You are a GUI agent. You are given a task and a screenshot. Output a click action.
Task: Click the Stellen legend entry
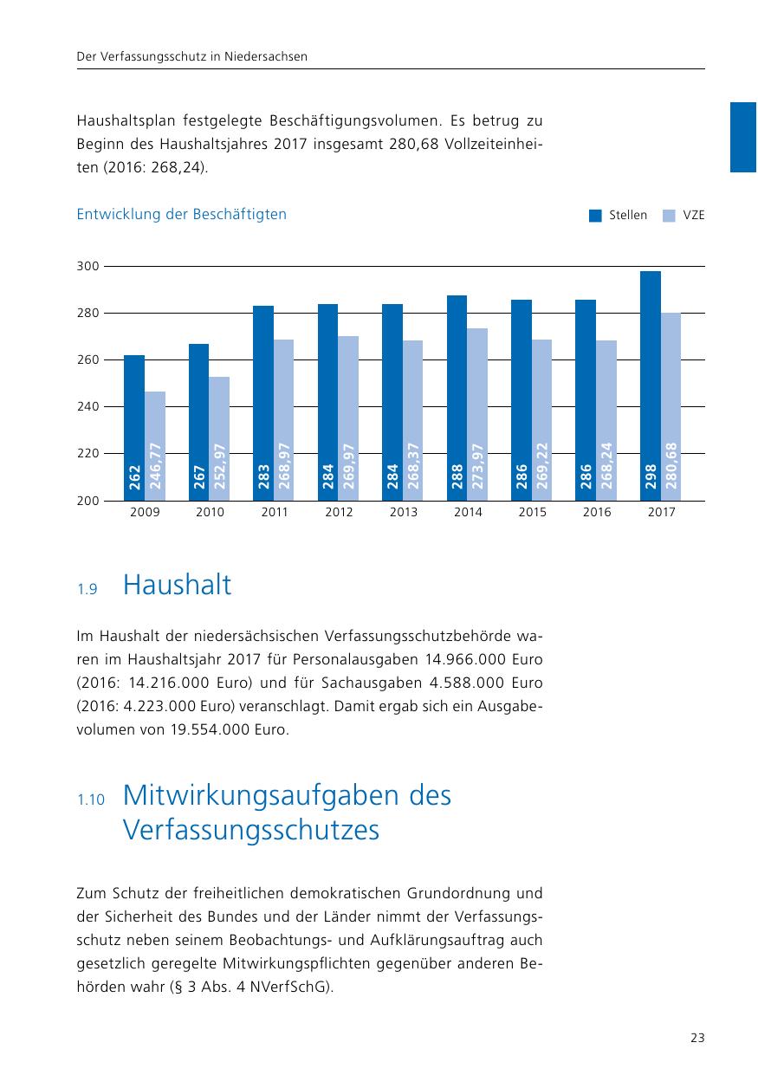(619, 216)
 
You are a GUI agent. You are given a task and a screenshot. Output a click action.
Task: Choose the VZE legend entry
(684, 216)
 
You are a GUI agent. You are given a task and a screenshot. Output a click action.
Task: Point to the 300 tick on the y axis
(88, 266)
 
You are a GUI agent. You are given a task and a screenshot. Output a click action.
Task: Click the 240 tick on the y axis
(88, 406)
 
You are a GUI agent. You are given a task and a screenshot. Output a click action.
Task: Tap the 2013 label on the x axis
(404, 513)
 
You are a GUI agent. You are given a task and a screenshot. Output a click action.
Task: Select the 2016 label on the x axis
(597, 513)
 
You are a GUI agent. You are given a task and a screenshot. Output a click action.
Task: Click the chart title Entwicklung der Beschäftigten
(182, 214)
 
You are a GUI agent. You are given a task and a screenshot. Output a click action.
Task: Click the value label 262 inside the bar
(135, 479)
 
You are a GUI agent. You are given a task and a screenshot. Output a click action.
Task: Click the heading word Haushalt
(178, 586)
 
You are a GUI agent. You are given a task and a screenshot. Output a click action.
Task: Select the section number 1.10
(90, 800)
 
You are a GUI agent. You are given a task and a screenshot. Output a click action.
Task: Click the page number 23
(697, 1038)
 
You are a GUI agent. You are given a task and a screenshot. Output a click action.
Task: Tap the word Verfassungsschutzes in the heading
(251, 831)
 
